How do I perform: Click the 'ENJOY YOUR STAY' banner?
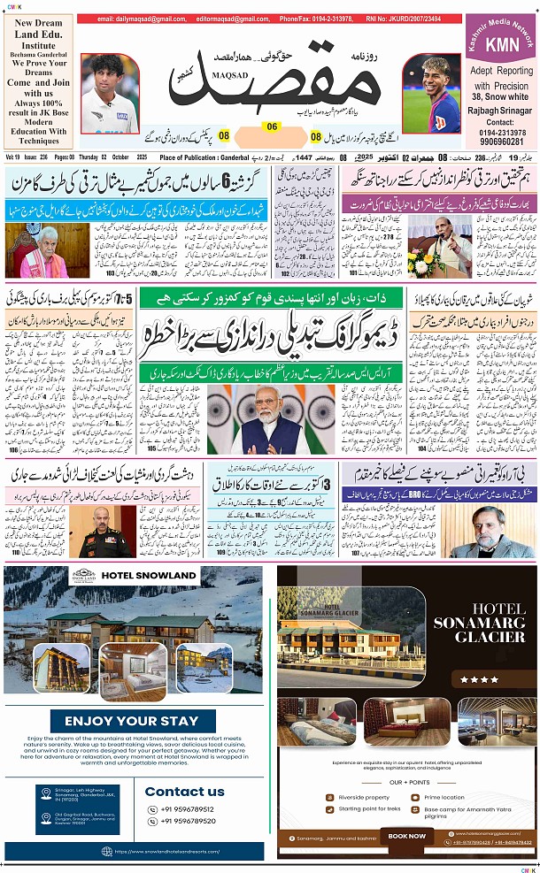click(x=133, y=721)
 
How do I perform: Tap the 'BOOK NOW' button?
click(x=407, y=836)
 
